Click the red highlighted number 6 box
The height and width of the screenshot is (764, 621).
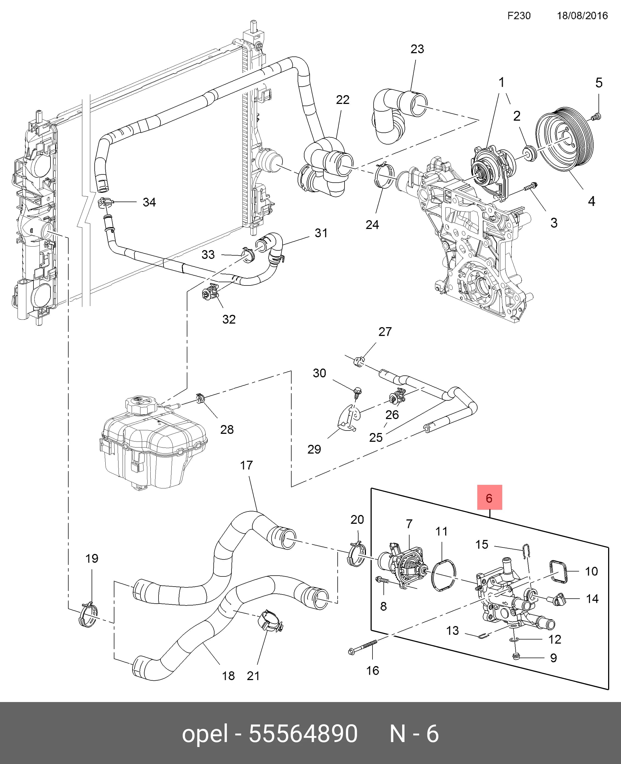[490, 497]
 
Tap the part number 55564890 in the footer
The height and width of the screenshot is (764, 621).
[303, 734]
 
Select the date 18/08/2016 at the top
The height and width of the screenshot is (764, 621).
[582, 16]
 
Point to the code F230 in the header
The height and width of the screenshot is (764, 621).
[519, 16]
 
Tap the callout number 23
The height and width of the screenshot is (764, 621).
[417, 49]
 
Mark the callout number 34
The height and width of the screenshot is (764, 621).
[149, 202]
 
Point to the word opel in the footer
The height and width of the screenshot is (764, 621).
[205, 734]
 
